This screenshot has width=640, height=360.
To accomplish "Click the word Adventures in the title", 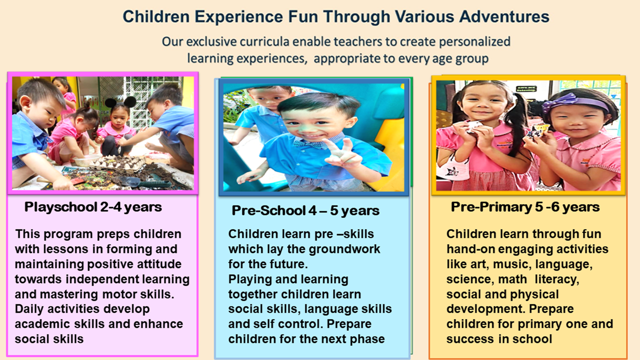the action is pyautogui.click(x=504, y=16).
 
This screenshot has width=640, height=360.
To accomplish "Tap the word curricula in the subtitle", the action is pyautogui.click(x=264, y=41).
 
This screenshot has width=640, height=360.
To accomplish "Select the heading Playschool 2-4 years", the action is pyautogui.click(x=93, y=207).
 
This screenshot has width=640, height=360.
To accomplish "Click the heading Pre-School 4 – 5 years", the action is pyautogui.click(x=305, y=210).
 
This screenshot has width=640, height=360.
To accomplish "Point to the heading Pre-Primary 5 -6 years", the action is pyautogui.click(x=525, y=207).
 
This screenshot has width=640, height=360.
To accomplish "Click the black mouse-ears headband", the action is pyautogui.click(x=120, y=101).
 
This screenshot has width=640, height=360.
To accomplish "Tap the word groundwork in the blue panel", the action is pyautogui.click(x=344, y=249).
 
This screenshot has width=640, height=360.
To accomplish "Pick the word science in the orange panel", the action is pyautogui.click(x=468, y=279).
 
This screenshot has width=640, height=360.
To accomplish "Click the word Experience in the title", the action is pyautogui.click(x=239, y=17).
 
